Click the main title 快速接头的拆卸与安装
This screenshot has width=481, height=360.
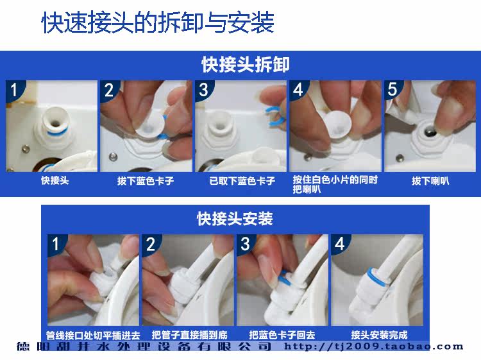click(157, 22)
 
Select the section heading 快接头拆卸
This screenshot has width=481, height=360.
click(246, 64)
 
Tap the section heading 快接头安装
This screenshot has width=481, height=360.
click(235, 219)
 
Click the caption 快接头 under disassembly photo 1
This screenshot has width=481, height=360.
click(55, 180)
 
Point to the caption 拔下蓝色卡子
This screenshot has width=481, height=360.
click(146, 181)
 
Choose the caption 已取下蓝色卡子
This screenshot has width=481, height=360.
click(242, 181)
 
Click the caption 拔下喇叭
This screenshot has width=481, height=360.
click(430, 181)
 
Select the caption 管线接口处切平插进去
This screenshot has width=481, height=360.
click(93, 335)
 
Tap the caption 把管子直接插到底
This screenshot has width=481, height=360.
click(189, 335)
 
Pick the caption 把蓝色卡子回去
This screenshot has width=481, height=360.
click(282, 335)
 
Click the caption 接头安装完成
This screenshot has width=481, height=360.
click(379, 335)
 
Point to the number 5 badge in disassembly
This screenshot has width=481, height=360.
click(392, 89)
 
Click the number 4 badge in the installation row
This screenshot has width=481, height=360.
click(339, 244)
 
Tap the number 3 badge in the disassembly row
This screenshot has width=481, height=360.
click(203, 90)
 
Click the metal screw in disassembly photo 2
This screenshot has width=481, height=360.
click(113, 157)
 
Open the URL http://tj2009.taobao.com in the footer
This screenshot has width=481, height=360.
click(374, 347)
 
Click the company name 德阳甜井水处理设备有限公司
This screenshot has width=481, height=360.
click(144, 347)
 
